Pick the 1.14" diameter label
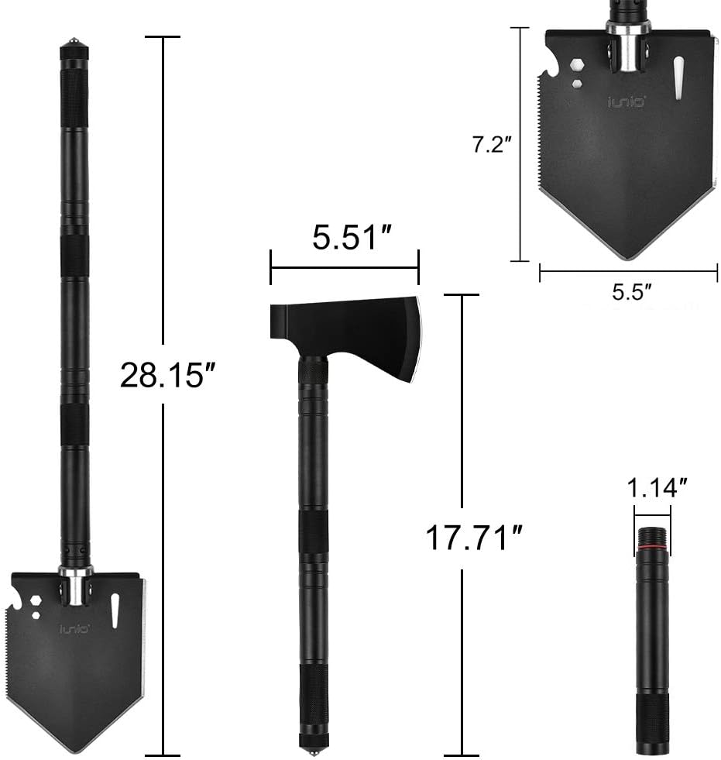[x=657, y=487]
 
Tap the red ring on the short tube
[x=653, y=549]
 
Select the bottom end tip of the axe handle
[x=314, y=751]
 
